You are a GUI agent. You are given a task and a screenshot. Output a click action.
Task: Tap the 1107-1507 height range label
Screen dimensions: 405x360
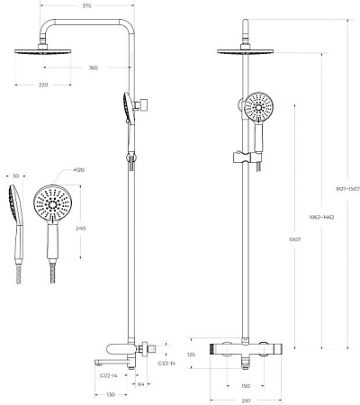(x=343, y=190)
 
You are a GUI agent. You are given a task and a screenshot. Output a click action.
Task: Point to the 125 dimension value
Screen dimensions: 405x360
(x=191, y=355)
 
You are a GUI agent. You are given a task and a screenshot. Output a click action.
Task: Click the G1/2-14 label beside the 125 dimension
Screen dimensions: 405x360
(x=166, y=364)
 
